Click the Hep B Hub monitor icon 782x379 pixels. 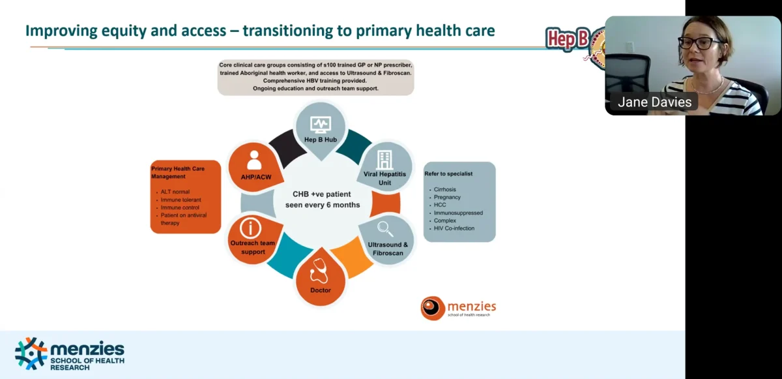click(x=320, y=124)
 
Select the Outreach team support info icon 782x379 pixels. click(x=250, y=228)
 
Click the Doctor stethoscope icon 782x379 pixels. click(x=320, y=270)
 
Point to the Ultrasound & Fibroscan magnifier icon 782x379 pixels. click(x=386, y=229)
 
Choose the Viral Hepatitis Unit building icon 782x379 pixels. click(x=385, y=160)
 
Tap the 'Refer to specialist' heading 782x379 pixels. click(x=448, y=174)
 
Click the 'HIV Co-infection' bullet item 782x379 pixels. click(x=454, y=228)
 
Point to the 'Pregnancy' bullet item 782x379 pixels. click(x=447, y=197)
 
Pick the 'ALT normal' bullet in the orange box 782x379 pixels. click(x=175, y=192)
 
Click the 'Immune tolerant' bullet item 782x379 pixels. click(x=180, y=200)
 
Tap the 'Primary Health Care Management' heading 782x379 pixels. click(x=177, y=172)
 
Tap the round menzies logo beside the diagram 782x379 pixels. click(x=432, y=308)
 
